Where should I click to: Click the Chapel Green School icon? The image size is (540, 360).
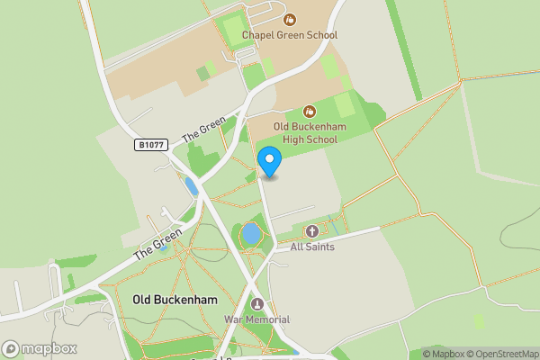pyautogui.click(x=290, y=19)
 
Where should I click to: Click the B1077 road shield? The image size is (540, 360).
pyautogui.click(x=151, y=144)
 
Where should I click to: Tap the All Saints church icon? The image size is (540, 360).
pyautogui.click(x=312, y=231)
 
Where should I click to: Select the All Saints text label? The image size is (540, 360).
pyautogui.click(x=312, y=246)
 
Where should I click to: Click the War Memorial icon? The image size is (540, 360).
pyautogui.click(x=258, y=304)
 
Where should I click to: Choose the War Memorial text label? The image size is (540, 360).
pyautogui.click(x=256, y=319)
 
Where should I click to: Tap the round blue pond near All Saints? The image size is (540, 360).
pyautogui.click(x=251, y=235)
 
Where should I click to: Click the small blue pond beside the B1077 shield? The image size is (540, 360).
pyautogui.click(x=191, y=186)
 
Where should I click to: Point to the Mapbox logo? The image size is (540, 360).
pyautogui.click(x=40, y=348)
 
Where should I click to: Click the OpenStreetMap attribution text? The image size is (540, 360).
pyautogui.click(x=502, y=353)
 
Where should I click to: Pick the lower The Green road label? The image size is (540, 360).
pyautogui.click(x=157, y=243)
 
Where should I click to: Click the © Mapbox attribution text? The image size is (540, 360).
pyautogui.click(x=443, y=353)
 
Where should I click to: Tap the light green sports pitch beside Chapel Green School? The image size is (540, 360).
pyautogui.click(x=233, y=30)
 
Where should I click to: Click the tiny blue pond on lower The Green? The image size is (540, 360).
pyautogui.click(x=164, y=247)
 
